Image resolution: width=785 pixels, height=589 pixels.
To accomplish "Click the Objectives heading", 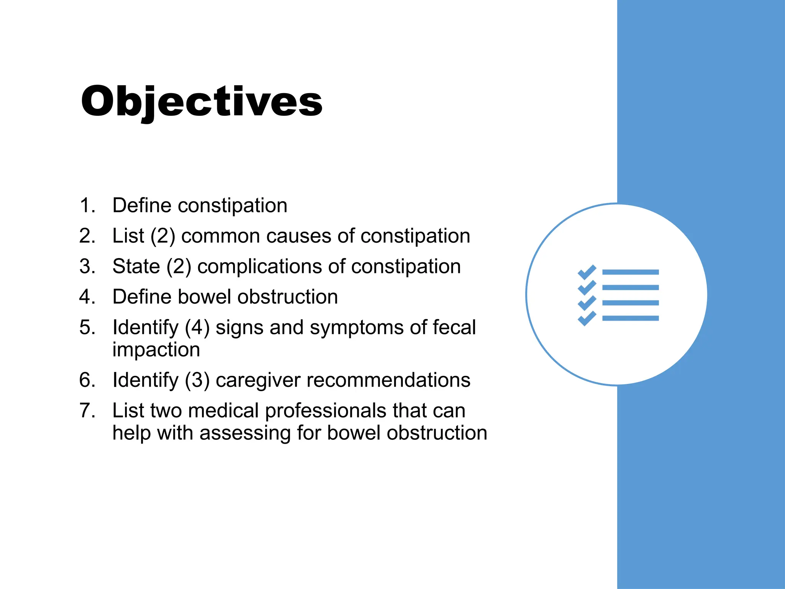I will tap(202, 102).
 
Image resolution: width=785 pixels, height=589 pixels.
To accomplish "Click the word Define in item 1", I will tap(142, 205).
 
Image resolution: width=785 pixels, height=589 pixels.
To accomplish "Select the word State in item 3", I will tap(136, 267).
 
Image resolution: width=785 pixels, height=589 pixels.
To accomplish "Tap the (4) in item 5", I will tap(197, 328).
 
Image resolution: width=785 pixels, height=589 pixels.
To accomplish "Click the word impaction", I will tap(156, 350).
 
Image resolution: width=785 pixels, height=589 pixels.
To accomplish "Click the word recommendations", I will tap(388, 380).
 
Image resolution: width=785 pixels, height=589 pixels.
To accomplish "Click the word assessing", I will tap(245, 433).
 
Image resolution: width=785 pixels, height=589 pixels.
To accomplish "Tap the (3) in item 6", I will tap(197, 380).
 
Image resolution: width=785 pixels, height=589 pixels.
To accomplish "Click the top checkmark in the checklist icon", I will tap(586, 272).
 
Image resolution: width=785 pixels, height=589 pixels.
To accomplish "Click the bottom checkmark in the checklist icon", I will tap(586, 318).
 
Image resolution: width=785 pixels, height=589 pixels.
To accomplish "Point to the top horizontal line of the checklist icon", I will tap(630, 272).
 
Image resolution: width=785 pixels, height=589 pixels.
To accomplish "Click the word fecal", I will tap(454, 328).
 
